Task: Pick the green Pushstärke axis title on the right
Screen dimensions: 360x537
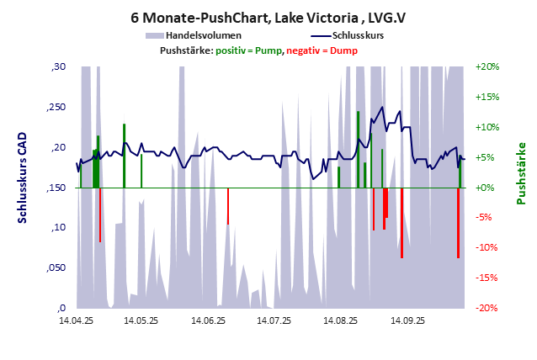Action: [x=521, y=173]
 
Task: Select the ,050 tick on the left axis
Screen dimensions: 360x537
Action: [x=55, y=267]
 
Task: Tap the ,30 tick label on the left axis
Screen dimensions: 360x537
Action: [x=58, y=66]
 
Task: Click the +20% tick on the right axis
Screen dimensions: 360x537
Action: [x=487, y=66]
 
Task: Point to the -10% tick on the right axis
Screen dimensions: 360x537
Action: [x=487, y=248]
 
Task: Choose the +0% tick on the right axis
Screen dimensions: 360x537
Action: [x=489, y=188]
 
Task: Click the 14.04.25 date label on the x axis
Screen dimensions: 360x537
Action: [x=76, y=320]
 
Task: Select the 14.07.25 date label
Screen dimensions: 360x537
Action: [x=274, y=320]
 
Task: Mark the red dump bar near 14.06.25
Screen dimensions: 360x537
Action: [x=227, y=205]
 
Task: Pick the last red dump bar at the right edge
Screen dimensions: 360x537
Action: [x=458, y=223]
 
